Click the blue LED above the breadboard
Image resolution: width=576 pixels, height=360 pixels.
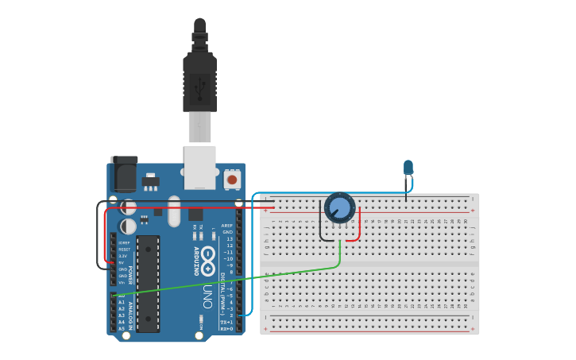click(x=408, y=167)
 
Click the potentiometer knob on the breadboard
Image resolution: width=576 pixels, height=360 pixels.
click(x=339, y=209)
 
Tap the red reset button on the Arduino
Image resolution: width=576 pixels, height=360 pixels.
click(x=232, y=180)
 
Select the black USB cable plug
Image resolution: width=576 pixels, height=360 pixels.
click(x=199, y=79)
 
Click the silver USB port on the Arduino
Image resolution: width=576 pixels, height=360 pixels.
click(x=199, y=166)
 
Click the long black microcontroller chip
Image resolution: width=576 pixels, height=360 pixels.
click(x=148, y=283)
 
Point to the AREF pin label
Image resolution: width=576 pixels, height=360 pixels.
click(x=227, y=226)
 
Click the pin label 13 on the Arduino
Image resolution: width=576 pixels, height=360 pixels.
click(x=230, y=239)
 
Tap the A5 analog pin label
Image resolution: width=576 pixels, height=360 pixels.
click(x=121, y=329)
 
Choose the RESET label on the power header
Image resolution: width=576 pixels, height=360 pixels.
click(x=123, y=249)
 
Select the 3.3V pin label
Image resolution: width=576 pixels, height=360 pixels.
click(x=122, y=256)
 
